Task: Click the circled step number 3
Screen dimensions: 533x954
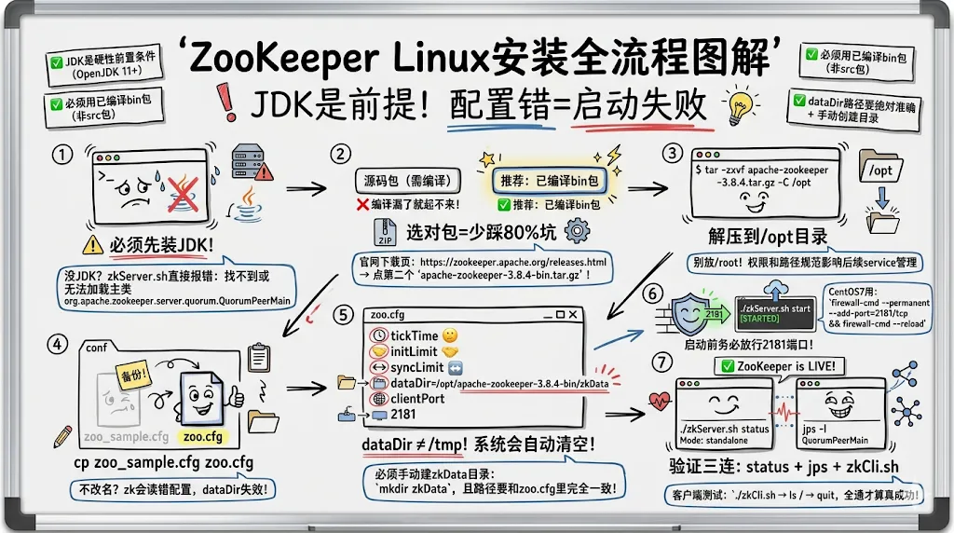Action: [672, 153]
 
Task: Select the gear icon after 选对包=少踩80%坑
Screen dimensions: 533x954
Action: [578, 229]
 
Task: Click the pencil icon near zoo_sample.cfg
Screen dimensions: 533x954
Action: [63, 435]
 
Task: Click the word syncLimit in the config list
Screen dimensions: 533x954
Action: [416, 366]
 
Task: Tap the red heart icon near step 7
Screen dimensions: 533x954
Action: [660, 402]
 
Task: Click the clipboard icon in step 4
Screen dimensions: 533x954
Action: [258, 359]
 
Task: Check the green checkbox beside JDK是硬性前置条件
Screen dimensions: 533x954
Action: [56, 62]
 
